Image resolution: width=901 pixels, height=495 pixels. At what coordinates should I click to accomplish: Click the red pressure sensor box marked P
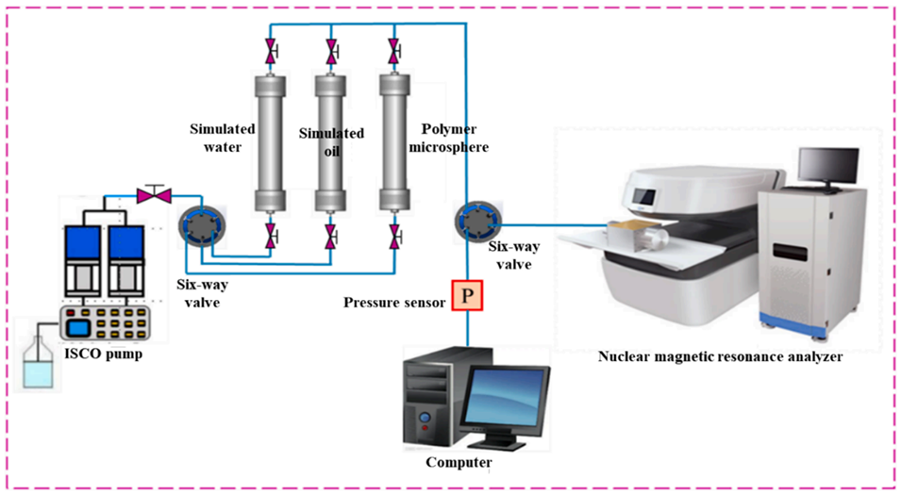(x=469, y=296)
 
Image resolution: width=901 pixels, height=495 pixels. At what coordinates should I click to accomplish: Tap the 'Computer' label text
(x=459, y=462)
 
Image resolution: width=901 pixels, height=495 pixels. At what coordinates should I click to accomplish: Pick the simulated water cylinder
(x=270, y=139)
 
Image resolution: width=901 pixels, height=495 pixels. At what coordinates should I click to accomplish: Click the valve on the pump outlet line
(x=151, y=196)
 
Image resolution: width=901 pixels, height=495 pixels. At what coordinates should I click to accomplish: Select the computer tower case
(x=433, y=396)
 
